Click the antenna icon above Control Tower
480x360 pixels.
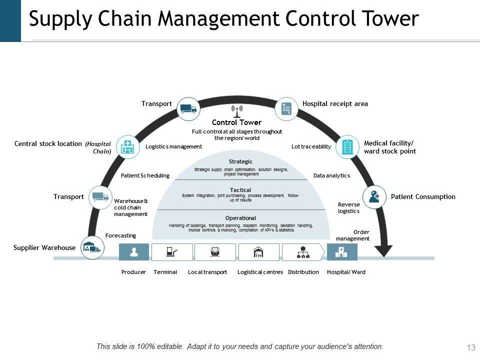237,110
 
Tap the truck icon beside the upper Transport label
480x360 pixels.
188,108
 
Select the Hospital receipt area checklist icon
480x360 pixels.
286,108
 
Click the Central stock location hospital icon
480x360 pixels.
128,147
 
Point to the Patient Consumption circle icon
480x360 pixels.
374,196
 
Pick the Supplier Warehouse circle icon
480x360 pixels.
92,247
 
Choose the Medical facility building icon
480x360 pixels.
347,147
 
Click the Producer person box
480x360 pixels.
134,252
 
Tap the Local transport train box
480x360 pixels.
215,252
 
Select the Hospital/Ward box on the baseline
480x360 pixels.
342,252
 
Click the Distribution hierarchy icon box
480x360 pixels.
303,252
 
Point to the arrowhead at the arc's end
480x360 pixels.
386,249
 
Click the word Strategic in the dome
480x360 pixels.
240,161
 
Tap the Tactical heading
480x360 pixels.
240,190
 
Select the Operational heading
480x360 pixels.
240,218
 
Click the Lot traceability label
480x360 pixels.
311,146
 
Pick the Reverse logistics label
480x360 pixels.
348,207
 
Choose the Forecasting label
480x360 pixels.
120,235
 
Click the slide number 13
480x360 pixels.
470,347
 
